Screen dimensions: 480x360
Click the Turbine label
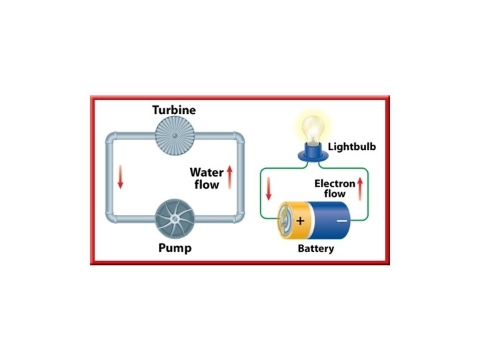[x=175, y=109]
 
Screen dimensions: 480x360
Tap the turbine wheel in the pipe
[x=174, y=136]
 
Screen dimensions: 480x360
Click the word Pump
[x=175, y=249]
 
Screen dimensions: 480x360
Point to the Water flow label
[x=206, y=179]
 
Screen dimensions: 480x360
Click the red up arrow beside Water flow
[x=229, y=178]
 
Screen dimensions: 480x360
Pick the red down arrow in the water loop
[x=121, y=177]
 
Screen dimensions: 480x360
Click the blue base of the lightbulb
[x=311, y=153]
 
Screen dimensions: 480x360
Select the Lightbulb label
[x=351, y=145]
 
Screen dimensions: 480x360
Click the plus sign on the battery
[x=301, y=221]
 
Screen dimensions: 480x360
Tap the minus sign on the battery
[x=341, y=221]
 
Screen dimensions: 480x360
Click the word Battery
[x=315, y=249]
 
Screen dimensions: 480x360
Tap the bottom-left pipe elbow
[x=111, y=219]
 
